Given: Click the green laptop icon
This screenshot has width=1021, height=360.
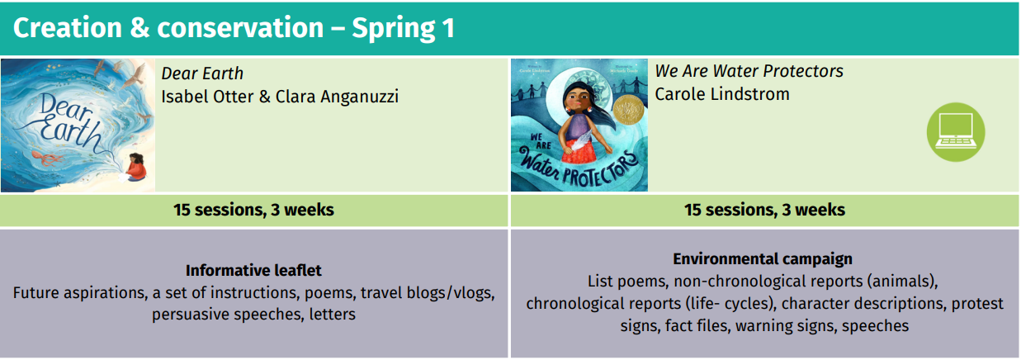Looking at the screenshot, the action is (x=956, y=131).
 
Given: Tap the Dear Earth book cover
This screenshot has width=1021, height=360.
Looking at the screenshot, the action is (x=78, y=125).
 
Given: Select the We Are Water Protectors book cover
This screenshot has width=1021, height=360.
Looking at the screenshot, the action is (x=579, y=125).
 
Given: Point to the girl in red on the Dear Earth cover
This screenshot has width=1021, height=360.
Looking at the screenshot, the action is (x=136, y=168).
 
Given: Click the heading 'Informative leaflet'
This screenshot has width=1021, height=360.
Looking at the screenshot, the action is (x=253, y=270).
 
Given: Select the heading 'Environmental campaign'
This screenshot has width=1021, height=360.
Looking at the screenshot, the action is (x=763, y=258).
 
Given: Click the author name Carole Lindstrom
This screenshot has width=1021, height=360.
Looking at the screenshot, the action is (x=722, y=94).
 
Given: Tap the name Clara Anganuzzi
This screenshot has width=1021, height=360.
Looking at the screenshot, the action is (x=337, y=97).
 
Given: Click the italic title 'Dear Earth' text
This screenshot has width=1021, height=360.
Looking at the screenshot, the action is (x=202, y=73).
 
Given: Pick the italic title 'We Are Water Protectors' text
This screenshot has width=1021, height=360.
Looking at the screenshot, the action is (x=749, y=71).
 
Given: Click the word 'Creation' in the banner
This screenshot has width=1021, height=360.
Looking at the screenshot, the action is (x=68, y=28).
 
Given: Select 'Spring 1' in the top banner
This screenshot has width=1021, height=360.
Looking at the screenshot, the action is (x=403, y=28).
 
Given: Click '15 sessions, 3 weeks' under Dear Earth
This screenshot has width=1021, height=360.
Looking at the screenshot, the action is (x=253, y=210).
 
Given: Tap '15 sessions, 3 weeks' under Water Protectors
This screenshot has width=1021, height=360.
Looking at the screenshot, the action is (x=764, y=210).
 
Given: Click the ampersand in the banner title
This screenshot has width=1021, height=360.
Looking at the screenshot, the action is (x=140, y=28).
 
